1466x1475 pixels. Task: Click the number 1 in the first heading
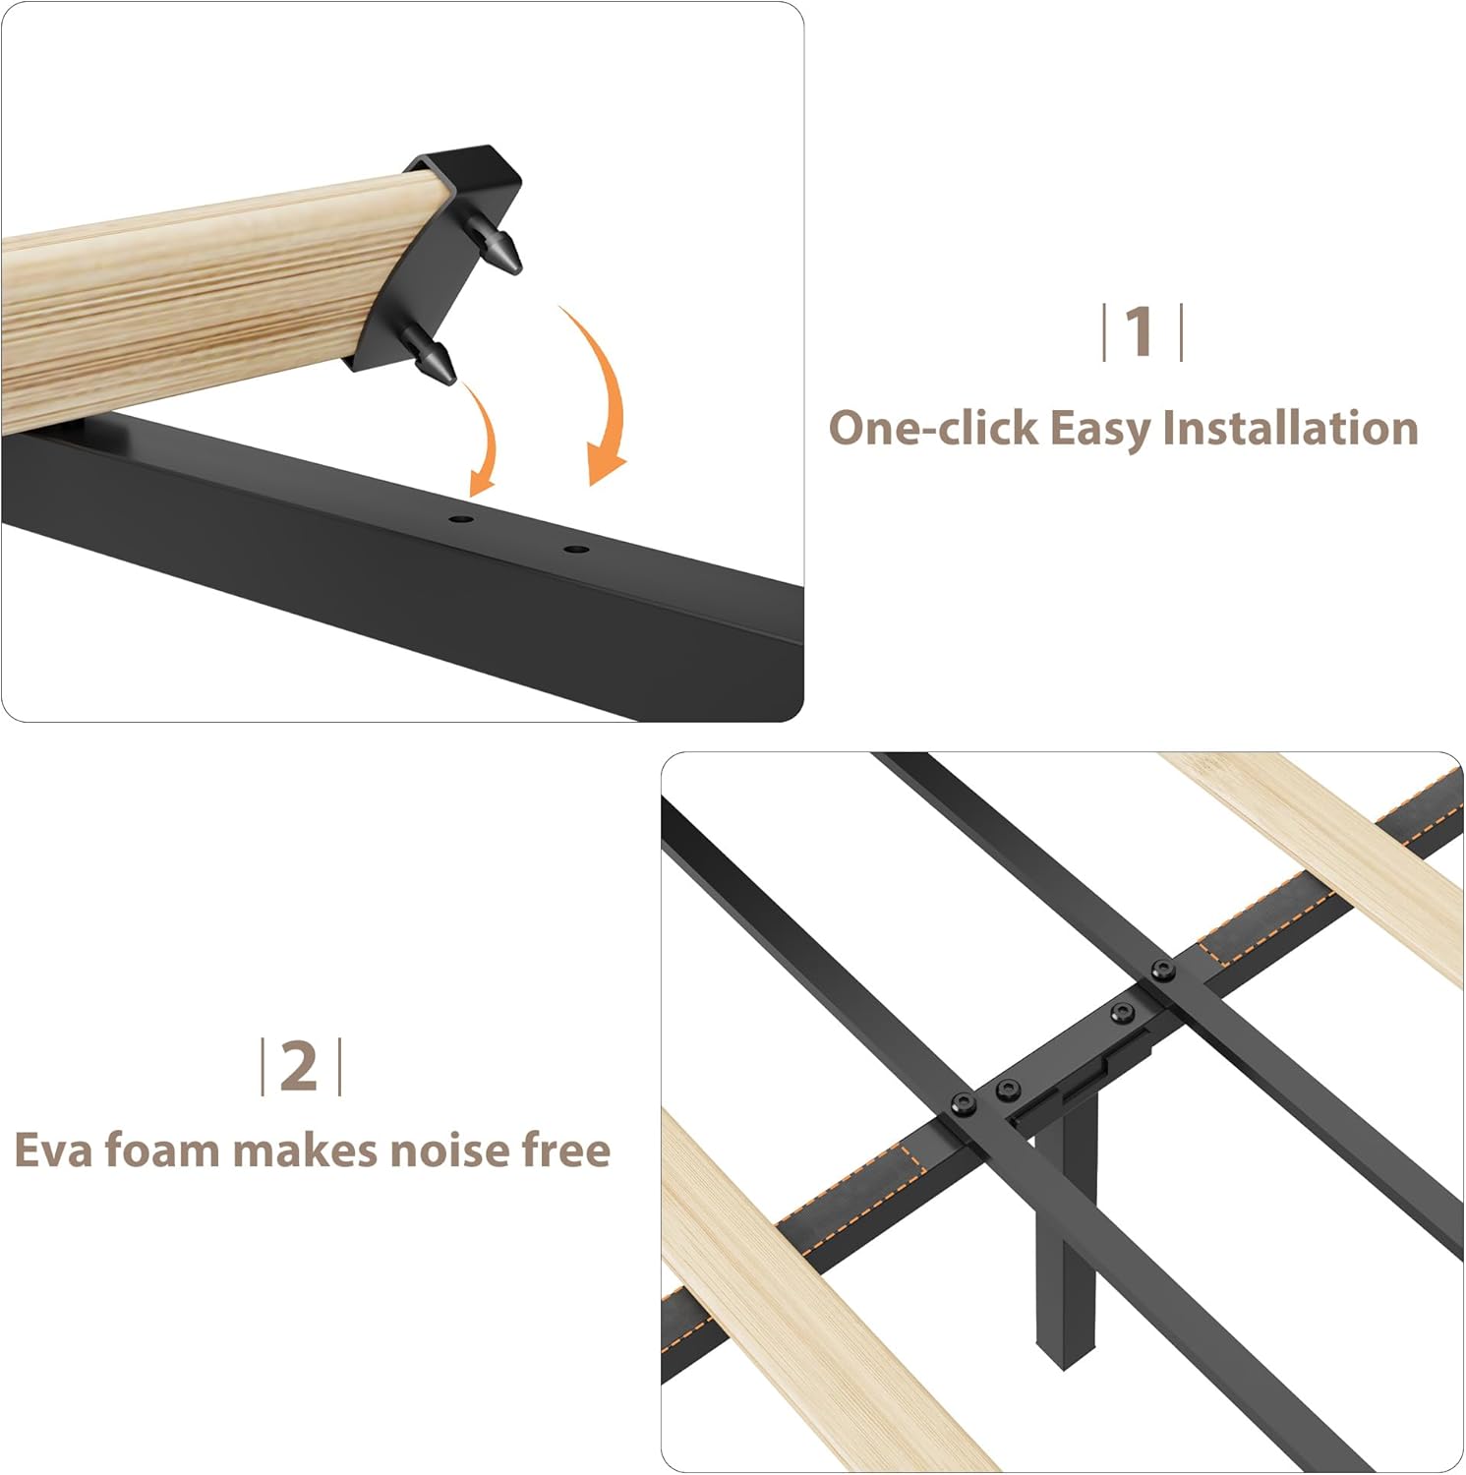(1140, 332)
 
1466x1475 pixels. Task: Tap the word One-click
(933, 429)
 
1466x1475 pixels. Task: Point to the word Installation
(1290, 429)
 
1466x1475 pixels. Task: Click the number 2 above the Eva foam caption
(299, 1066)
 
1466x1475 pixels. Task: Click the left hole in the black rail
(461, 519)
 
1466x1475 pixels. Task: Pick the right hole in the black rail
(577, 549)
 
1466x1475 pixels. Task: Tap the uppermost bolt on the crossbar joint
(1163, 972)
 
